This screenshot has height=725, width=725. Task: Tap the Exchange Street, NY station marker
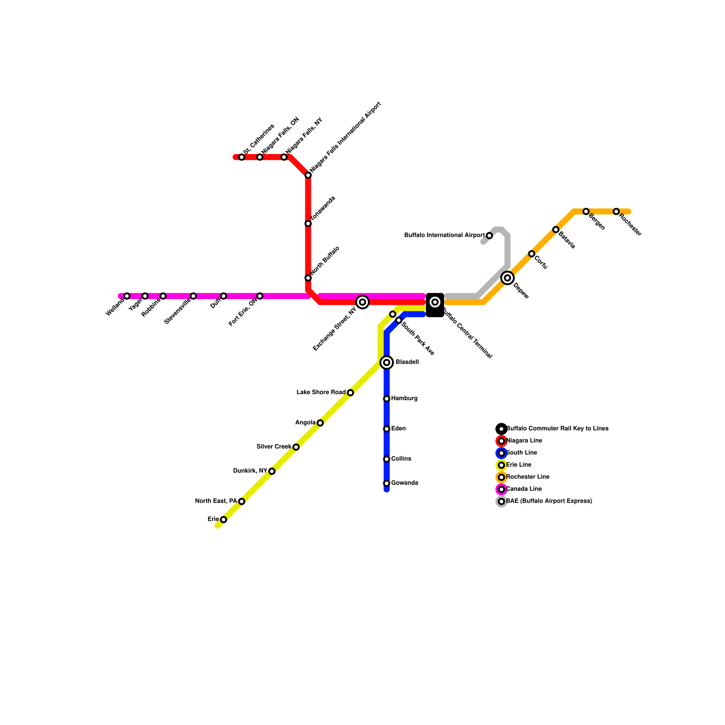click(x=362, y=302)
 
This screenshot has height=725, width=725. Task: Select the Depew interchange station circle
click(x=507, y=278)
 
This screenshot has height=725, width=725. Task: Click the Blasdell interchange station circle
click(x=387, y=362)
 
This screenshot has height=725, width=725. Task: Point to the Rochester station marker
click(x=616, y=212)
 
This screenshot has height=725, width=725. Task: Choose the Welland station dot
click(x=127, y=296)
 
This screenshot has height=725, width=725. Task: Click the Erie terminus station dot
click(x=223, y=520)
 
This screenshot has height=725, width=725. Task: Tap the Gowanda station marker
click(x=387, y=483)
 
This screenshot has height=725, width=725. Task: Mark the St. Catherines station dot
click(x=242, y=157)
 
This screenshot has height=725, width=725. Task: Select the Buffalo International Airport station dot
click(x=489, y=236)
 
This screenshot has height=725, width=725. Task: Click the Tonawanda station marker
click(x=308, y=223)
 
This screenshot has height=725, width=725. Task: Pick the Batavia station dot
click(x=556, y=230)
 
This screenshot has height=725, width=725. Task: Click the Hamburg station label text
click(x=404, y=399)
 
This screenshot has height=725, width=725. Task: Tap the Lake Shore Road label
click(x=321, y=392)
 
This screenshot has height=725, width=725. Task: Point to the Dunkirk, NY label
click(x=250, y=471)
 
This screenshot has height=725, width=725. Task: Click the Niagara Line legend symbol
click(x=501, y=441)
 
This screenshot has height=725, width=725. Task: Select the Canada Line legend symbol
click(x=501, y=489)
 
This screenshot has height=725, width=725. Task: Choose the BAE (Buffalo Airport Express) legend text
click(x=549, y=501)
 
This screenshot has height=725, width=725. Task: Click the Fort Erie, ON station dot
click(x=260, y=296)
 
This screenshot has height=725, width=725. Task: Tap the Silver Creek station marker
click(x=296, y=447)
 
